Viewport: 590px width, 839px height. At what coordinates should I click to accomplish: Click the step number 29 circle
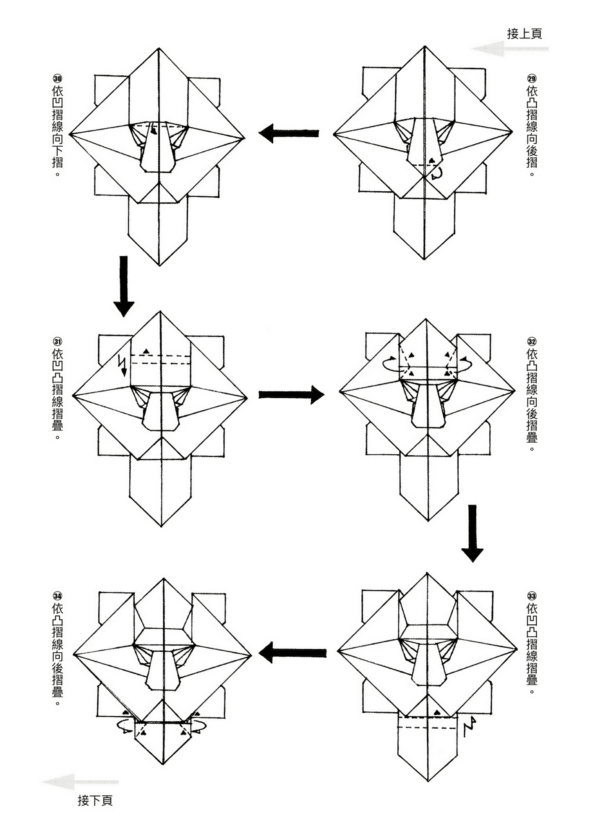532,78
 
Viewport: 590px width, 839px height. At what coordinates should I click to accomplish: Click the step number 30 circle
57,78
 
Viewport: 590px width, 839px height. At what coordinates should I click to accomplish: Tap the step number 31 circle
57,341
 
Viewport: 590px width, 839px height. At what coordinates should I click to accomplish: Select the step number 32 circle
532,341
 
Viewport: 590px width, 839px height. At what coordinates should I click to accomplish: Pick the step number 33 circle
532,596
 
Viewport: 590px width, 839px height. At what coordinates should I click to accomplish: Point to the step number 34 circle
57,596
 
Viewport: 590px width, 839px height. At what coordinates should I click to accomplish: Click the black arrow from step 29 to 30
289,133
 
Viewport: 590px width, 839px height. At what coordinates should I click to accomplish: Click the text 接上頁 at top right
524,34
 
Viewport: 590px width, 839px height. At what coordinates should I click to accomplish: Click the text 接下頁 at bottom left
95,800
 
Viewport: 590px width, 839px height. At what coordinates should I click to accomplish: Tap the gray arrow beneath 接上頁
509,49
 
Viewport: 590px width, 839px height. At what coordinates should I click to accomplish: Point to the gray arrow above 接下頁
80,782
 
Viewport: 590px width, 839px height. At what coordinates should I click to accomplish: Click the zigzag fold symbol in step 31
123,365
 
